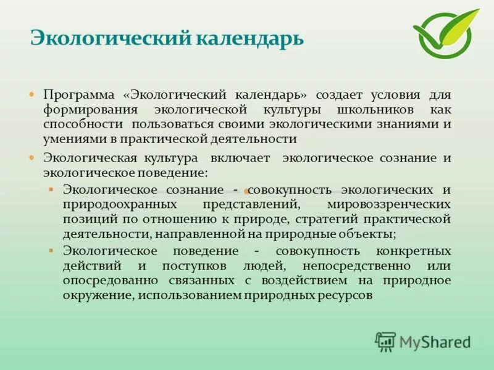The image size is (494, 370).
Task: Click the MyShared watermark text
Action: (x=435, y=342)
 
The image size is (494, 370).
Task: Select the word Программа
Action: (x=79, y=95)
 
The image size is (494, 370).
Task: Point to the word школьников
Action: (x=355, y=110)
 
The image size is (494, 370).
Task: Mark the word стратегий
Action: (x=327, y=218)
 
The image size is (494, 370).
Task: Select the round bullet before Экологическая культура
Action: (x=31, y=158)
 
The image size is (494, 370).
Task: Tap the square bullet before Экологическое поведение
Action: (x=51, y=250)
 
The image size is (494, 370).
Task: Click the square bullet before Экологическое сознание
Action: (x=51, y=187)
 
